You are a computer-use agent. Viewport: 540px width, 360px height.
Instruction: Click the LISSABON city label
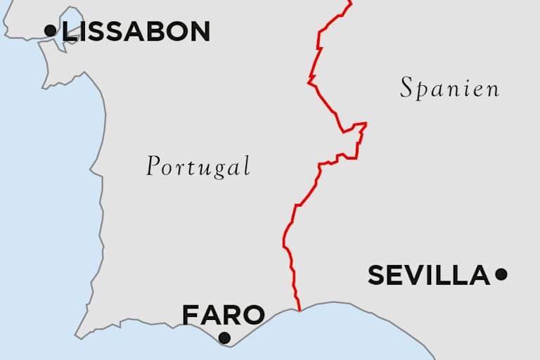(x=136, y=31)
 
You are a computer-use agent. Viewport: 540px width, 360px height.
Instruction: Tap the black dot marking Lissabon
(x=50, y=30)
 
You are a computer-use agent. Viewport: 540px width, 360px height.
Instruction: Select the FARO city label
(x=223, y=314)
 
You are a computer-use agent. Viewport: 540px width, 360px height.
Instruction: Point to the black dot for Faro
(x=224, y=337)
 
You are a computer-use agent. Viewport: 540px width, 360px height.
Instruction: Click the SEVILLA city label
(x=428, y=275)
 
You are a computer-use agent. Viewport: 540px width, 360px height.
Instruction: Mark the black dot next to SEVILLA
(x=501, y=274)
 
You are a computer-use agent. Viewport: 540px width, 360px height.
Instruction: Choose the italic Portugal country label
(x=198, y=167)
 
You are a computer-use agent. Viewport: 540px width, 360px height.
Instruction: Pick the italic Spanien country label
(x=450, y=89)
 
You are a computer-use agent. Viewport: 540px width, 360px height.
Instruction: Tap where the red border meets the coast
(x=300, y=310)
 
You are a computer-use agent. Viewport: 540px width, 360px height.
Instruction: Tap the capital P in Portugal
(x=153, y=166)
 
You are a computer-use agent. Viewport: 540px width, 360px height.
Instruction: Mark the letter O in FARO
(x=253, y=314)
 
